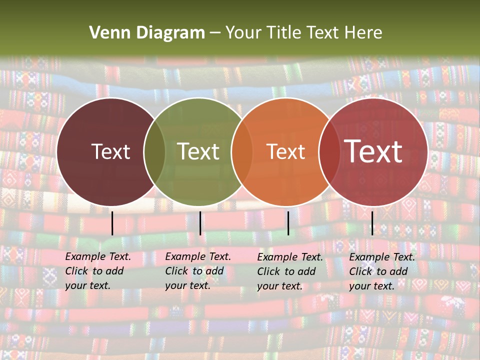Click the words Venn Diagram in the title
[x=147, y=33]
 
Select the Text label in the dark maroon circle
[x=110, y=151]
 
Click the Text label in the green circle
[x=198, y=151]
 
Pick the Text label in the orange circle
[x=285, y=151]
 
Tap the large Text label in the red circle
[x=373, y=151]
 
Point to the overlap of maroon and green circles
[x=154, y=152]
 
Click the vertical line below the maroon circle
[x=112, y=223]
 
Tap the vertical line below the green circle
[x=200, y=223]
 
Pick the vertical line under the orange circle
[x=288, y=223]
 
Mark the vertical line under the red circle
[x=372, y=223]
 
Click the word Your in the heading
[x=242, y=33]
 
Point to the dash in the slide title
[x=215, y=33]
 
